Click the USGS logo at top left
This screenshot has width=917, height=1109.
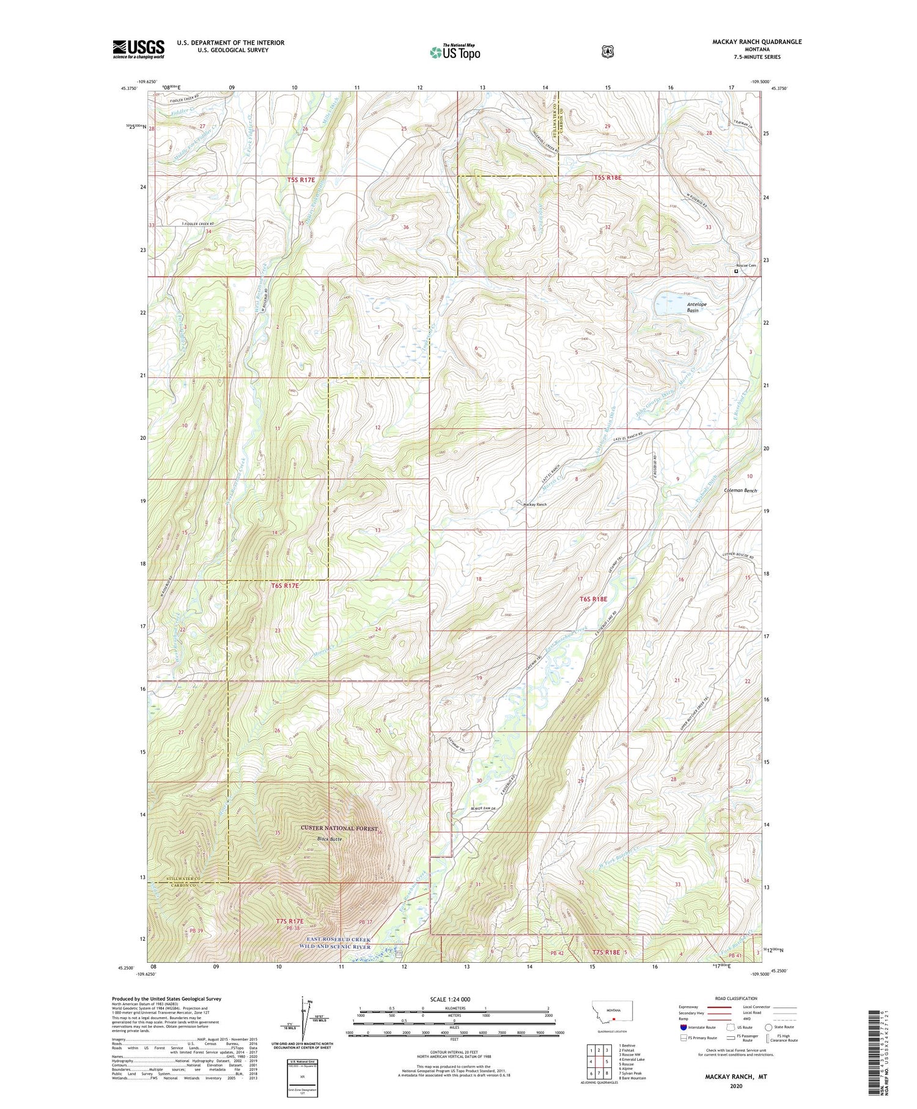[x=138, y=49]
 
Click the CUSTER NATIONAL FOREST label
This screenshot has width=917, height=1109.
[x=339, y=828]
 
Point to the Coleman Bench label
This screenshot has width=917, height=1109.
[x=740, y=491]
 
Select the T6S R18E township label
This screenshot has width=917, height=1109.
[x=592, y=599]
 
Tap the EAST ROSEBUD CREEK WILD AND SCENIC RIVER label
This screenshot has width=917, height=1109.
[x=339, y=943]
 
